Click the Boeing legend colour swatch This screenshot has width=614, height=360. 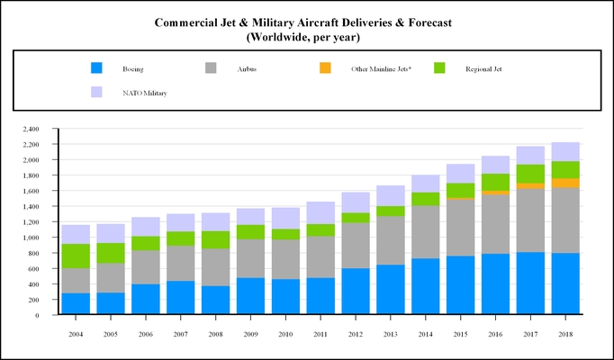(x=97, y=67)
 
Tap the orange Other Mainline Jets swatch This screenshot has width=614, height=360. (x=326, y=67)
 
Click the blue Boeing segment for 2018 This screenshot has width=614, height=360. (x=565, y=284)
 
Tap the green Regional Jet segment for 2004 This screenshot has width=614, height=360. (x=76, y=256)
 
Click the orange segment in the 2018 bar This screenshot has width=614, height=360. (x=565, y=183)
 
